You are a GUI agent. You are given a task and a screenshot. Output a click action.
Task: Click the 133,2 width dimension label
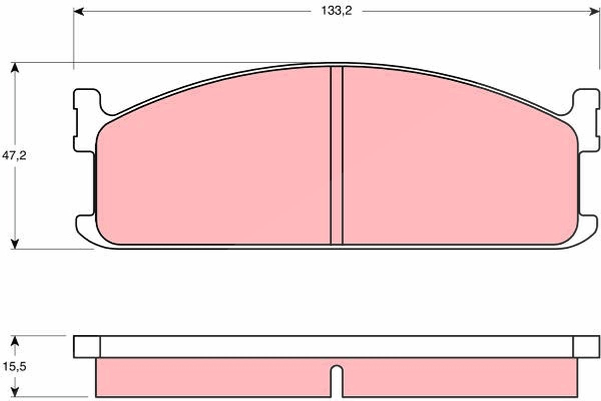coord(337,11)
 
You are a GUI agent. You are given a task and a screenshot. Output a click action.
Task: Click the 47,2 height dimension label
coord(14,155)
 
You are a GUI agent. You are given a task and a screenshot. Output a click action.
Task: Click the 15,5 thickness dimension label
coord(15,366)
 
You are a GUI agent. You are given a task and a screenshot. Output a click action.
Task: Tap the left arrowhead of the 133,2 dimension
coord(79,12)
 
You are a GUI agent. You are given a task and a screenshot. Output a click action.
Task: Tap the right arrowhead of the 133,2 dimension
coord(594,12)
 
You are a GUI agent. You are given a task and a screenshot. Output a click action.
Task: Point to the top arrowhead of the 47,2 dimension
coord(15,67)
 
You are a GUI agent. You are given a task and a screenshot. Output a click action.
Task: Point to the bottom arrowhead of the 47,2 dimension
coord(15,244)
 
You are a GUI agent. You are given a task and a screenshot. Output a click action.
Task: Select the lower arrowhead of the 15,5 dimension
coord(15,392)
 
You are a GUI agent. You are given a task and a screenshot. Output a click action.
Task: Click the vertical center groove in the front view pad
coord(337,155)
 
